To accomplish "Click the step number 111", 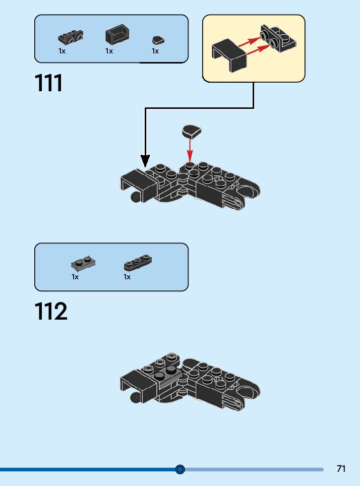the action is (x=49, y=83).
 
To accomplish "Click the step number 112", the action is (x=51, y=312).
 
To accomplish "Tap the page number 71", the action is (x=341, y=469).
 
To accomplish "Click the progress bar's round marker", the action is (x=180, y=469).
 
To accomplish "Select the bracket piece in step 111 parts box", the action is (x=71, y=37).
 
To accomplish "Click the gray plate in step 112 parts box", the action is (x=83, y=263).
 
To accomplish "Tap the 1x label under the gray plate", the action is (x=75, y=277).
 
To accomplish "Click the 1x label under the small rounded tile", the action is (x=155, y=51).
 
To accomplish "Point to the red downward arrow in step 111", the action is (x=190, y=150).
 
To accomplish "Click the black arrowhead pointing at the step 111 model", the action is (x=145, y=162).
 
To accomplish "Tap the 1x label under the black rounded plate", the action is (x=127, y=277).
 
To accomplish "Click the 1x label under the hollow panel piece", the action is (x=109, y=51).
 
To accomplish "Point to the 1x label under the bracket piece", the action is (x=62, y=51).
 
